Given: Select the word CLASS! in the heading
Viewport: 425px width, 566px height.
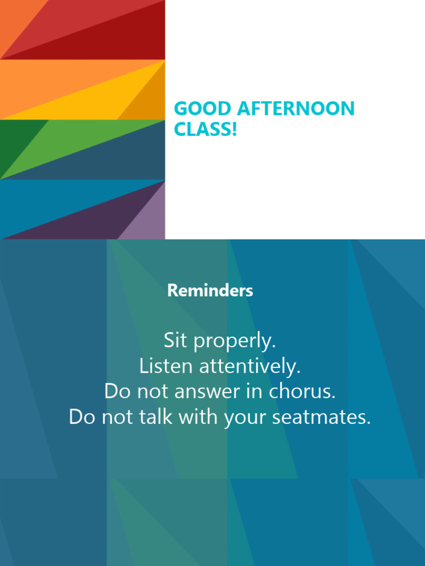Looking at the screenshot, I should (205, 129).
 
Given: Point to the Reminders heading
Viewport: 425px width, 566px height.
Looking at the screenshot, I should (210, 290).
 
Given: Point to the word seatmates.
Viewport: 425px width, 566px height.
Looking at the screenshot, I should (321, 417).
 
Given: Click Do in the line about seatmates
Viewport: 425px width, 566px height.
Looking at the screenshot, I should (82, 417).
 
